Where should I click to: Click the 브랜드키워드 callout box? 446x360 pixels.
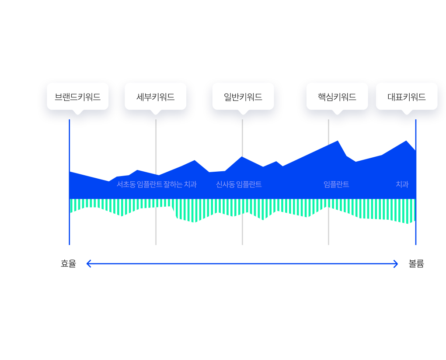(78, 96)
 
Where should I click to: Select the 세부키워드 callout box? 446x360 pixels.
(155, 96)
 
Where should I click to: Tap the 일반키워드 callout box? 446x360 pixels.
(243, 96)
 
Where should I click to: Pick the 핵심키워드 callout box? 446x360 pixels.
(337, 96)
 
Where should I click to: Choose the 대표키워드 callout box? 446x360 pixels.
(407, 96)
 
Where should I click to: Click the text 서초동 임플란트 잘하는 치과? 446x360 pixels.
(157, 184)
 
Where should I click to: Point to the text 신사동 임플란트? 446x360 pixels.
(239, 184)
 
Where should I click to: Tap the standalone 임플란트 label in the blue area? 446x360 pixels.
(336, 184)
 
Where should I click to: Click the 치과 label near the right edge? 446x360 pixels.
(402, 184)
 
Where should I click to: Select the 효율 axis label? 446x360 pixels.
(69, 264)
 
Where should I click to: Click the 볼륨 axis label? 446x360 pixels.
(416, 264)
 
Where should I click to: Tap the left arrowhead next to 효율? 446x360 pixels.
(87, 264)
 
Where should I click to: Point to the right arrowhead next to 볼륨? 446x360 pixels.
(397, 264)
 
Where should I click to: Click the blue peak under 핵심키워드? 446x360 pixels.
(338, 141)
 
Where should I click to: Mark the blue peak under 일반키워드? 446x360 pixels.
(242, 157)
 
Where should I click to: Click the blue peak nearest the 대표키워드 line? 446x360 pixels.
(406, 141)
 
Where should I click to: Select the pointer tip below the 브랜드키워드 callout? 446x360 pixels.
(78, 114)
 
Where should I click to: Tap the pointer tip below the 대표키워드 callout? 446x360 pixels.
(407, 114)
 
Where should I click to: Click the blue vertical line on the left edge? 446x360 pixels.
(70, 182)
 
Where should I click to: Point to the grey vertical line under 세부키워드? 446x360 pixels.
(156, 182)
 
